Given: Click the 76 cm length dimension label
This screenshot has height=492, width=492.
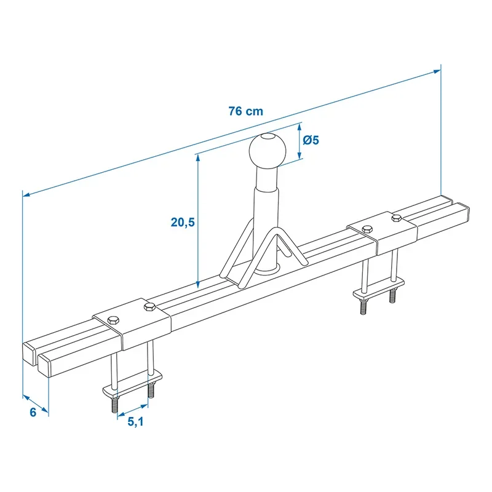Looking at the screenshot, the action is coord(245,111).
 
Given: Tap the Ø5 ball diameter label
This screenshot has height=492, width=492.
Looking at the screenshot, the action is coord(311,140).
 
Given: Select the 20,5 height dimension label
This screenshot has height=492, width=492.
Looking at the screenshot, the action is coord(183,222).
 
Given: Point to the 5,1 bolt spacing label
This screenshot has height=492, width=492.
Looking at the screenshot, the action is coord(135,422).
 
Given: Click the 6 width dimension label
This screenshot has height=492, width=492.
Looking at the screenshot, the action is coord(33,412).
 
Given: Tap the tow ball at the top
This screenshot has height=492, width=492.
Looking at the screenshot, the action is coord(268,151).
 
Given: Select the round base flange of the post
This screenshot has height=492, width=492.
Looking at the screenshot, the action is coord(266,269).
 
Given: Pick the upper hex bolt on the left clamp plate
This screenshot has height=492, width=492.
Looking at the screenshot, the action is coord(149,306).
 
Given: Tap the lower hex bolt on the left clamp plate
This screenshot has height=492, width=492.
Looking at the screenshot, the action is coord(113,320).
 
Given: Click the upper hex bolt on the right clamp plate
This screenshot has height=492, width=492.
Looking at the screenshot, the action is coord(396,218).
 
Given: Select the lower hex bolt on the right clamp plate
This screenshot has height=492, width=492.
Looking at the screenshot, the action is coord(367,229).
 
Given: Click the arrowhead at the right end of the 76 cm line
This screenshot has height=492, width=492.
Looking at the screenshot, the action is coord(437,71).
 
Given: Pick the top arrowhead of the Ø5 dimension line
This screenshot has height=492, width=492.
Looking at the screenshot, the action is coord(300,127).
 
